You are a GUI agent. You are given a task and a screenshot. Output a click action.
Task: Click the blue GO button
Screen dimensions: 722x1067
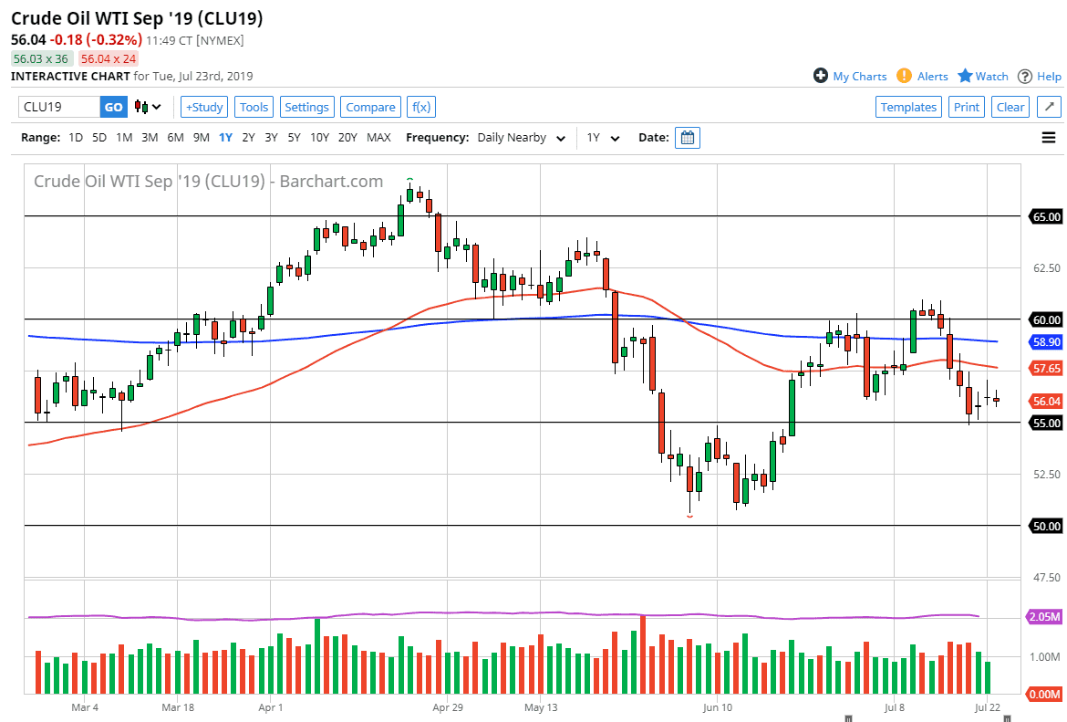click(113, 107)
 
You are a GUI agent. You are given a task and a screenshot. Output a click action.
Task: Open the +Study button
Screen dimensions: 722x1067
click(204, 107)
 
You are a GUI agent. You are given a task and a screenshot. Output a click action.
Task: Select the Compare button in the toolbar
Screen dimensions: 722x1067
click(370, 107)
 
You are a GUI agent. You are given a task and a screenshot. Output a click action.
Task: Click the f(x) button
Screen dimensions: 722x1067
click(420, 107)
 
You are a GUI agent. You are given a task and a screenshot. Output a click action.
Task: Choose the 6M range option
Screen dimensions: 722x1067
click(175, 138)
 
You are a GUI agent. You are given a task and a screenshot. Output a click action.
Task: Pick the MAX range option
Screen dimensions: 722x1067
click(378, 138)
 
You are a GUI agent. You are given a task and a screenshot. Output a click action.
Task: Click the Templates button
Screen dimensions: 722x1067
click(908, 107)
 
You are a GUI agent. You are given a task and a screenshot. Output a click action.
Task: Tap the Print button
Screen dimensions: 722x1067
click(966, 107)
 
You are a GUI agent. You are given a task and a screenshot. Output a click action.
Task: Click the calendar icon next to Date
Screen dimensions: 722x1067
click(688, 138)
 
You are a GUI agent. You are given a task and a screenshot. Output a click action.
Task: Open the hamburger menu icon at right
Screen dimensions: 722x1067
click(1048, 138)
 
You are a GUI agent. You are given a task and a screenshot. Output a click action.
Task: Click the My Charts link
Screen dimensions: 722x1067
click(850, 77)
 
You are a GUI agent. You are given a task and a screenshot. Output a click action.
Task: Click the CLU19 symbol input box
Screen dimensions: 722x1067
click(59, 107)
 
